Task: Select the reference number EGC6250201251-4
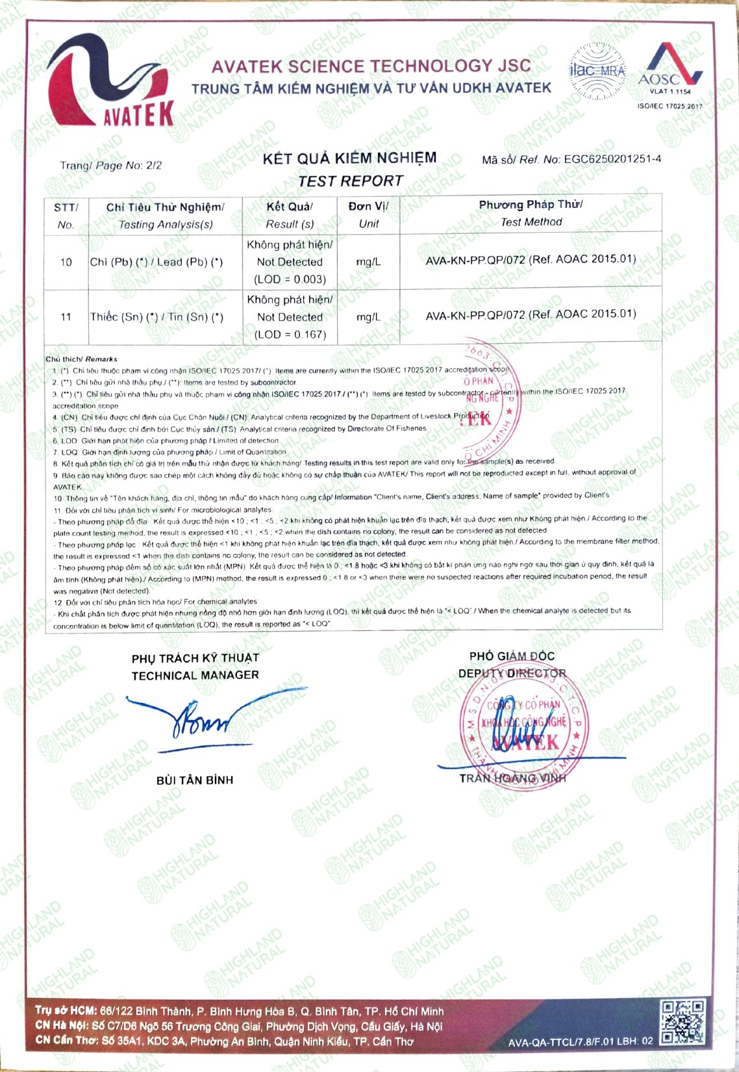point(612,159)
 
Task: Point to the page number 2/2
point(154,165)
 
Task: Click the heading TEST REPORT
point(351,181)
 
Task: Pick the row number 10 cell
point(66,262)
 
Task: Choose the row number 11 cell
point(66,317)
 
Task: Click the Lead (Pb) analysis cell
point(157,262)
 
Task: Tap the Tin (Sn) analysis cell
point(157,317)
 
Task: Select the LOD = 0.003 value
point(290,279)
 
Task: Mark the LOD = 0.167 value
point(290,335)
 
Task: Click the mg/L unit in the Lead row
point(368,262)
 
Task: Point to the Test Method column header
point(531,213)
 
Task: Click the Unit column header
point(368,214)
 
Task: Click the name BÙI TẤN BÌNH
point(195,780)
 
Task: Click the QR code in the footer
point(682,1022)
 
